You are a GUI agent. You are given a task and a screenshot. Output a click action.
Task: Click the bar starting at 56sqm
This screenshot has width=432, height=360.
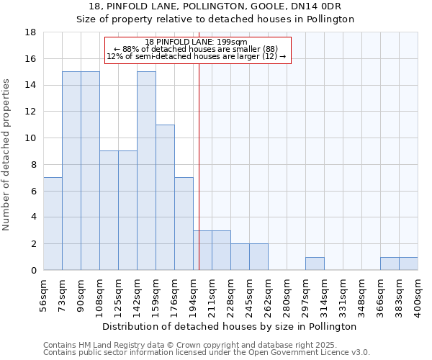click(53, 224)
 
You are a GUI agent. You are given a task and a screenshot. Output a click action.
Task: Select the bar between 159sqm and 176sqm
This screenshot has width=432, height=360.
click(165, 197)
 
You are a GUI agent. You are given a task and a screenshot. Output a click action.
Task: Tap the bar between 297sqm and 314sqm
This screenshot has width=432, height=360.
click(315, 264)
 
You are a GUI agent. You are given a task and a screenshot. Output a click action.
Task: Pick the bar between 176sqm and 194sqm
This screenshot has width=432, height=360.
click(184, 224)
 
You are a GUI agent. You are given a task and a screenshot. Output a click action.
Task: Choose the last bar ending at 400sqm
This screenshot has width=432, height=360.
click(408, 264)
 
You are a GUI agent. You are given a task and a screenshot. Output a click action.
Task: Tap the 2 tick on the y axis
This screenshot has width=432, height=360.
click(34, 244)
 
